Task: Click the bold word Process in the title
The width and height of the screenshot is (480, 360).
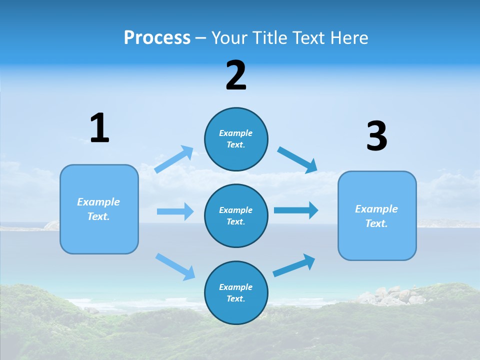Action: tap(157, 38)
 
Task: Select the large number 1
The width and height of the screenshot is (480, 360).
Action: tap(99, 128)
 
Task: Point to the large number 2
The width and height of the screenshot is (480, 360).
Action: tap(236, 75)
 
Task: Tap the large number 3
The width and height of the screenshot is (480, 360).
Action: tap(376, 136)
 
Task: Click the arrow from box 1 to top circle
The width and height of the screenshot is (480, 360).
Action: tap(174, 159)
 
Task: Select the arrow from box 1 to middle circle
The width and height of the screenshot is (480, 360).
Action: tap(175, 211)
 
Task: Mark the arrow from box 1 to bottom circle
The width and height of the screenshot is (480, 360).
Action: tap(175, 266)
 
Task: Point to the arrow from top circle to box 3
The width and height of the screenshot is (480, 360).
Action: tap(297, 160)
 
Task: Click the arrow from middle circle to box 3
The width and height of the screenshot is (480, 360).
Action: tap(295, 210)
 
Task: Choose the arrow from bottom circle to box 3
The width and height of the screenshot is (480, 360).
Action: tap(294, 265)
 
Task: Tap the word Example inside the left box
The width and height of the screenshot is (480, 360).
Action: tap(98, 202)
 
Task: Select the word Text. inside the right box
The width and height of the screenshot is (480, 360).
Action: tap(376, 223)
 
